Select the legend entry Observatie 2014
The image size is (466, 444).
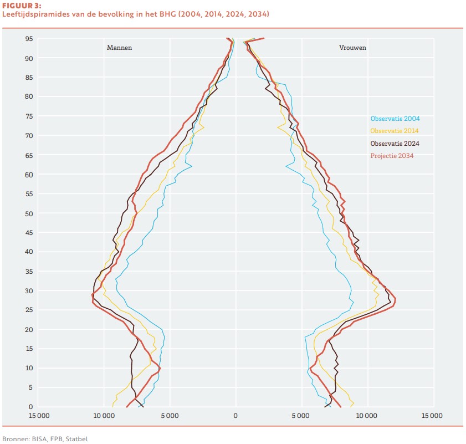coord(394,131)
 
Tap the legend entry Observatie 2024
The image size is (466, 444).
coord(394,144)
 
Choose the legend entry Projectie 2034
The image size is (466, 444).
coord(392,156)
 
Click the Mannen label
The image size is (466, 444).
coord(119,48)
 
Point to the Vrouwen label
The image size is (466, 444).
coord(352,48)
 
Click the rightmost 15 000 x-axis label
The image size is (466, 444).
coord(432,415)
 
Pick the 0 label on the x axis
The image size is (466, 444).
coord(235,415)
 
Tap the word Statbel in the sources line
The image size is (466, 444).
coord(76,438)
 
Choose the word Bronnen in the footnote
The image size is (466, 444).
coord(15,438)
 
